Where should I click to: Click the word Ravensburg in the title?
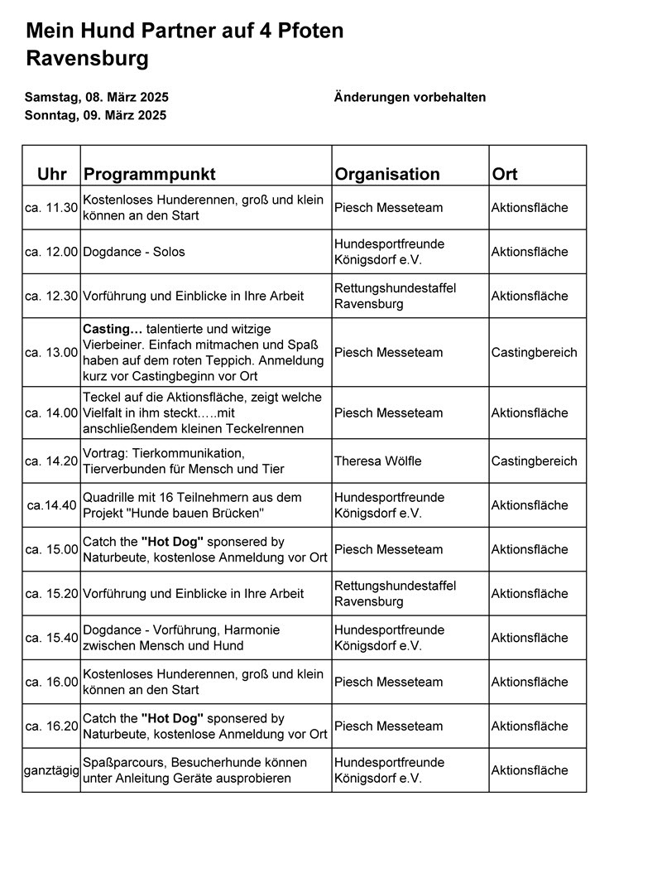click(88, 59)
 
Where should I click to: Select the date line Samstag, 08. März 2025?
click(96, 97)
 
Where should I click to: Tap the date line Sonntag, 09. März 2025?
click(95, 115)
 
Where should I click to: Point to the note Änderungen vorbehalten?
click(410, 97)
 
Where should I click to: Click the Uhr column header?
click(52, 174)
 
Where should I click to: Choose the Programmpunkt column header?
click(149, 174)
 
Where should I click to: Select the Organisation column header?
click(386, 174)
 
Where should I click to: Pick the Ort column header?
click(505, 174)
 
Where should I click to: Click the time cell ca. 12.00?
click(51, 252)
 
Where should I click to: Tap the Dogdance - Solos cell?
click(134, 252)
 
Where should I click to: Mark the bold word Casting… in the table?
click(113, 329)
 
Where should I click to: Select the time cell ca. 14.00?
click(51, 412)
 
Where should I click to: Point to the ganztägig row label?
click(51, 770)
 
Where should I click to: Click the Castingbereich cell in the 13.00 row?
click(534, 352)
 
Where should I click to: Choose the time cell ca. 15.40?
click(51, 638)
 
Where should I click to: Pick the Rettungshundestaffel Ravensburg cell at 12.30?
click(395, 296)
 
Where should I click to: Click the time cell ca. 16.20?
click(51, 726)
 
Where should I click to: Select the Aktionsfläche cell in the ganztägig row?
click(530, 770)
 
